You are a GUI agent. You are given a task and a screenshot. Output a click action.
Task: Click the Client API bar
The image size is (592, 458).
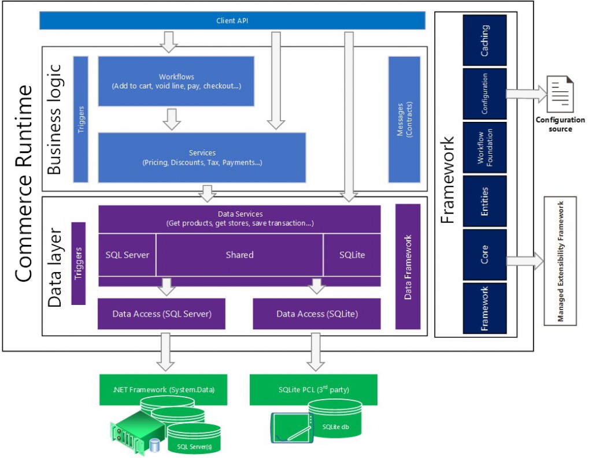coord(232,21)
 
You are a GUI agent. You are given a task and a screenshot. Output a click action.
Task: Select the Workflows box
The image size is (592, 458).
coord(176,81)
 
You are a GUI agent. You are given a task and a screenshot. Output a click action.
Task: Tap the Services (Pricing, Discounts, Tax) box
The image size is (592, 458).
coord(202,157)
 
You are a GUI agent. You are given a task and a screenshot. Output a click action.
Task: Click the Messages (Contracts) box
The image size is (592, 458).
coord(404,119)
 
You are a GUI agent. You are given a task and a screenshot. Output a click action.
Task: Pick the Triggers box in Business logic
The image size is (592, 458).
coord(81,118)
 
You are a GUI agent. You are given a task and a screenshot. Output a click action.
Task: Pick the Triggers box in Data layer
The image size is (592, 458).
coord(78,263)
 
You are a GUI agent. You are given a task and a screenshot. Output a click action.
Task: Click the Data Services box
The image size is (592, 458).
coord(239,219)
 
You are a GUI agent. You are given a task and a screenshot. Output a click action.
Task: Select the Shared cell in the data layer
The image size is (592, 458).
coord(239,255)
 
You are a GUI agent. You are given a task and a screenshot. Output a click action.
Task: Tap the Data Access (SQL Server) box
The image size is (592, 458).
coord(161,314)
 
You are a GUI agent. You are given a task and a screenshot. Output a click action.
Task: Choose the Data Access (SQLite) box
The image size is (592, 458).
coord(317,314)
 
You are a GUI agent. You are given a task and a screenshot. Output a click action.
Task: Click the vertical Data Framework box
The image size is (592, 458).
coord(408,266)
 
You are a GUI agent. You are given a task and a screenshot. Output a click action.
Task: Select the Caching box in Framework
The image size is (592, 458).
coord(484,40)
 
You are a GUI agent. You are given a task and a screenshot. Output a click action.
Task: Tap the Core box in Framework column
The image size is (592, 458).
coord(484,254)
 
